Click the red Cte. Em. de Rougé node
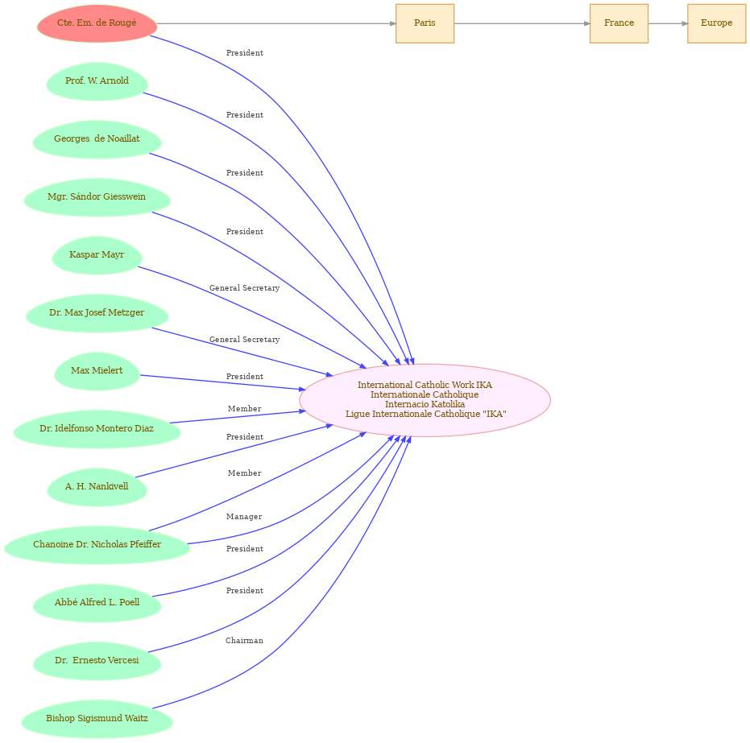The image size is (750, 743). click(97, 23)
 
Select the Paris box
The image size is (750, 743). click(425, 23)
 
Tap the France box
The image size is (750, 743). click(619, 23)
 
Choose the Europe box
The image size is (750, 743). click(716, 23)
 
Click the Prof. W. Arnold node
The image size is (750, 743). click(97, 81)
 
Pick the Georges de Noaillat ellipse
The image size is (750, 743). click(97, 139)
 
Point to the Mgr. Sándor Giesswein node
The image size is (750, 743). click(97, 197)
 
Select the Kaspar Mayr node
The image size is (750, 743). click(97, 255)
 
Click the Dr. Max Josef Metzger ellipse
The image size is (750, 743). click(97, 313)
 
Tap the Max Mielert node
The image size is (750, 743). click(97, 371)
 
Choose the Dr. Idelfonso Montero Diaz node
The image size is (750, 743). click(97, 429)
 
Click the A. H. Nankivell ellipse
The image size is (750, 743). click(97, 487)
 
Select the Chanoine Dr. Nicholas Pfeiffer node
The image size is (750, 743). click(97, 545)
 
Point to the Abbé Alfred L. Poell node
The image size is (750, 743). click(97, 602)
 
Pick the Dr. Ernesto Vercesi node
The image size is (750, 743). click(97, 661)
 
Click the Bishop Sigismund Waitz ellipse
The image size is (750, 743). click(97, 719)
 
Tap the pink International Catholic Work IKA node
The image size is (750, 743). click(425, 400)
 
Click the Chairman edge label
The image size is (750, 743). click(244, 640)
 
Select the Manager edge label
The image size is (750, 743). click(244, 517)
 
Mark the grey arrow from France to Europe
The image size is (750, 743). click(668, 23)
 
